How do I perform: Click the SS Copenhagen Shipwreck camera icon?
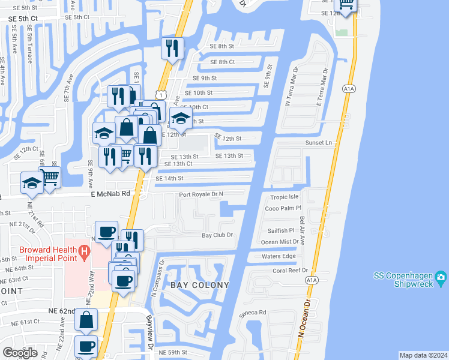pyautogui.click(x=442, y=277)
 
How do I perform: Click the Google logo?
pyautogui.click(x=20, y=353)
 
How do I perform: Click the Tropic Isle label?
pyautogui.click(x=284, y=197)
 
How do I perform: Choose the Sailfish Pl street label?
pyautogui.click(x=280, y=230)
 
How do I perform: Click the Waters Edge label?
pyautogui.click(x=279, y=256)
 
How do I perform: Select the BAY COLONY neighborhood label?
pyautogui.click(x=200, y=285)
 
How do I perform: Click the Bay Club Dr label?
pyautogui.click(x=217, y=236)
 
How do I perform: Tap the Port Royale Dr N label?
pyautogui.click(x=201, y=194)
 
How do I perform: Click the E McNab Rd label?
pyautogui.click(x=110, y=194)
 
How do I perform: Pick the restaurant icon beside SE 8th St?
pyautogui.click(x=173, y=49)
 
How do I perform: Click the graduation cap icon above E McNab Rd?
pyautogui.click(x=32, y=184)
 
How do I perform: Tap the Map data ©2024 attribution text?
pyautogui.click(x=423, y=355)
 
